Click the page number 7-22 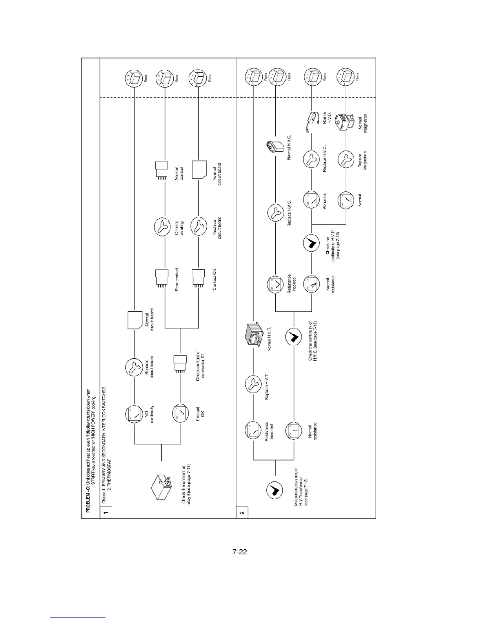[x=240, y=552]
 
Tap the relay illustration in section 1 [x=161, y=487]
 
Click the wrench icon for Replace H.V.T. [x=253, y=385]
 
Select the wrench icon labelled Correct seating [x=164, y=227]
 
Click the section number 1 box [x=106, y=511]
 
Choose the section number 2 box [x=242, y=511]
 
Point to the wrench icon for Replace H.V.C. [x=276, y=213]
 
